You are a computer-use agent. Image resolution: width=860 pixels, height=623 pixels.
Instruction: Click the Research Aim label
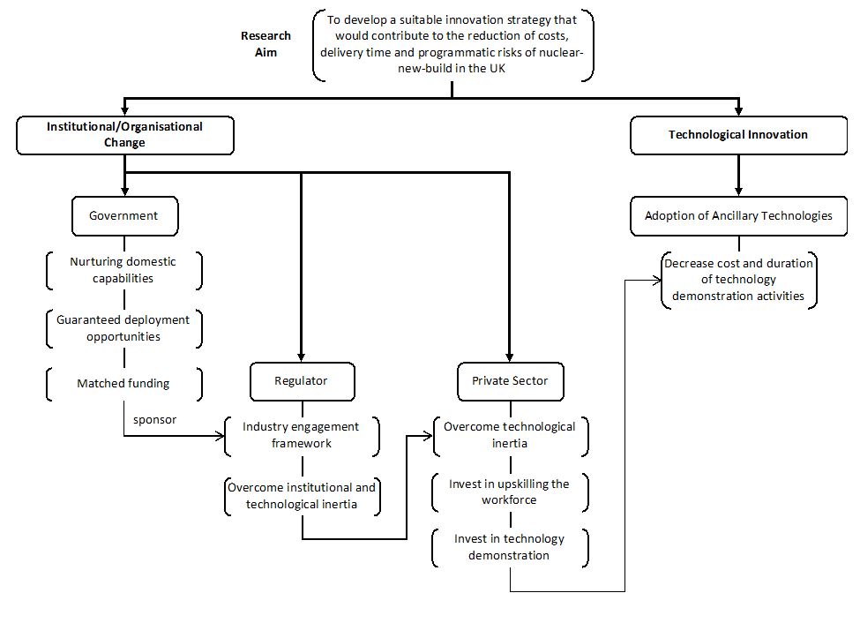(x=266, y=44)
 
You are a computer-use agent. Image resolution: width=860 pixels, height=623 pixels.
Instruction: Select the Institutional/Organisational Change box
(x=125, y=135)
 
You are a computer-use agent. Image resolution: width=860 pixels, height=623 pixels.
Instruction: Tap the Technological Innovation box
(x=738, y=135)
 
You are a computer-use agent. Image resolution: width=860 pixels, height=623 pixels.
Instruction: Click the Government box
(x=125, y=216)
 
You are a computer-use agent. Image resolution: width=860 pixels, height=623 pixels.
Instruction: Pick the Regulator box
(x=303, y=381)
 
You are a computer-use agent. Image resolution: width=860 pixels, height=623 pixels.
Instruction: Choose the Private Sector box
(x=510, y=381)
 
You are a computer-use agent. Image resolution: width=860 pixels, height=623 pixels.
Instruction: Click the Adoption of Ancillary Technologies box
(x=738, y=216)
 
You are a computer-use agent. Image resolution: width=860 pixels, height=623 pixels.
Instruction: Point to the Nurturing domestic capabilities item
(x=124, y=270)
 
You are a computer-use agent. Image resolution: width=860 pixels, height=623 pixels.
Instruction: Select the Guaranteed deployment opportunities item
(x=124, y=328)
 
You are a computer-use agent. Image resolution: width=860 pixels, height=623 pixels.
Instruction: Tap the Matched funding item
(x=124, y=384)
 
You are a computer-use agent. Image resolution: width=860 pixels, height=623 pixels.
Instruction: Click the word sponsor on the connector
(x=154, y=420)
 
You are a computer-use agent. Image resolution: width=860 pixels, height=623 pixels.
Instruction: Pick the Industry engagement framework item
(x=302, y=435)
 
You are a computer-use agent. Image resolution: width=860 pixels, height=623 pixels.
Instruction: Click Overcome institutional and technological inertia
(x=302, y=496)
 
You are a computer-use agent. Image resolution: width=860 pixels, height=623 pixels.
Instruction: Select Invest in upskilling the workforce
(x=510, y=492)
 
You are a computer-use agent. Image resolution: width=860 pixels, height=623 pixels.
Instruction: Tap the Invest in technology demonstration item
(x=510, y=547)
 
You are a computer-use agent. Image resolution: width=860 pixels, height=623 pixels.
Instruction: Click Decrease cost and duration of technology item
(x=739, y=280)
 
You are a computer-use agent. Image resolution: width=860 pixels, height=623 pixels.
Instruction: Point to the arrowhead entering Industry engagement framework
(x=221, y=437)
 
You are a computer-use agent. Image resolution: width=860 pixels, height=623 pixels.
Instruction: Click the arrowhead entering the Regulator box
(x=301, y=358)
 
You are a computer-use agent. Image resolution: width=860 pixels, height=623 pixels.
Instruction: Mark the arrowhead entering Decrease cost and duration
(x=657, y=281)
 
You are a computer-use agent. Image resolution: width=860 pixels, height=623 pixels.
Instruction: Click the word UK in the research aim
(x=497, y=69)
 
